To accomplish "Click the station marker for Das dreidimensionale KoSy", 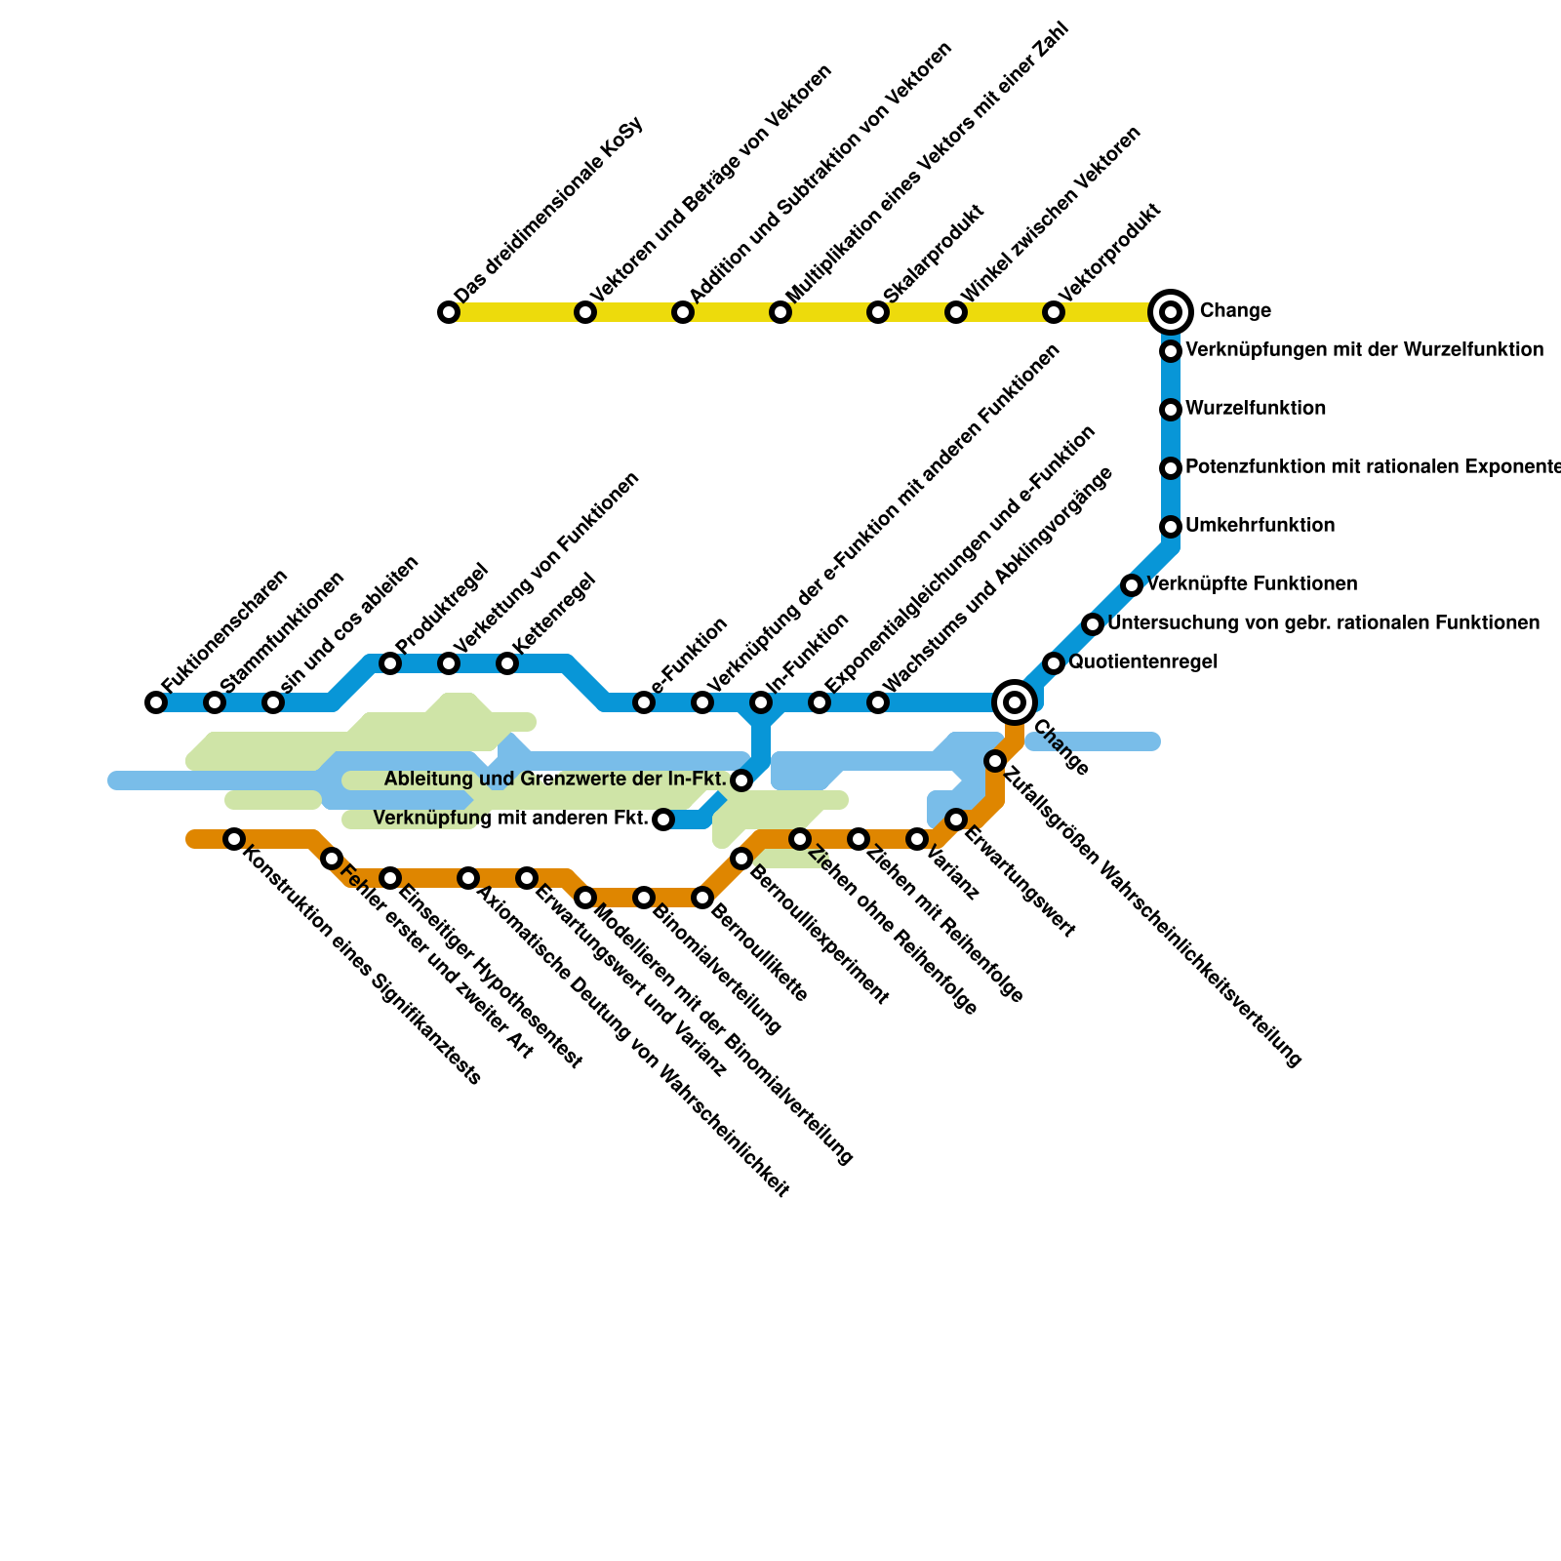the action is pyautogui.click(x=449, y=312).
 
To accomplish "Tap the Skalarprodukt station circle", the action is pyautogui.click(x=878, y=312).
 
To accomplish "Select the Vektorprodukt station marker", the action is pyautogui.click(x=1054, y=312).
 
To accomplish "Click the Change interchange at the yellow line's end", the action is pyautogui.click(x=1171, y=312).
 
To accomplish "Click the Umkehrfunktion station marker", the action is pyautogui.click(x=1171, y=527).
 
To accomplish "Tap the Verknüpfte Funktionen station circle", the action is pyautogui.click(x=1132, y=585).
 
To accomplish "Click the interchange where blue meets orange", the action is pyautogui.click(x=1015, y=702).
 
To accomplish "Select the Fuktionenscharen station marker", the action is pyautogui.click(x=156, y=702).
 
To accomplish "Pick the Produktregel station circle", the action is pyautogui.click(x=390, y=663).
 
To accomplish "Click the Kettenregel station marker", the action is pyautogui.click(x=507, y=663).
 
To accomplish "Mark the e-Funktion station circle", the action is pyautogui.click(x=644, y=702).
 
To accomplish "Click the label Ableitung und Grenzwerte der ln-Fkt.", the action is pyautogui.click(x=555, y=780).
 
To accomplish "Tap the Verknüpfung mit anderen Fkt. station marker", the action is pyautogui.click(x=663, y=820).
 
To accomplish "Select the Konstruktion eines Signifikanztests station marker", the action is pyautogui.click(x=234, y=839).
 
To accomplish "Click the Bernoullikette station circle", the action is pyautogui.click(x=702, y=898).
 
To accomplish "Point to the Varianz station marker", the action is pyautogui.click(x=917, y=839).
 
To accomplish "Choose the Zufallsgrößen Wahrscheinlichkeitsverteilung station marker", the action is pyautogui.click(x=995, y=761).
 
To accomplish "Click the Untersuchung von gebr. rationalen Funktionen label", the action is pyautogui.click(x=1324, y=623).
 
